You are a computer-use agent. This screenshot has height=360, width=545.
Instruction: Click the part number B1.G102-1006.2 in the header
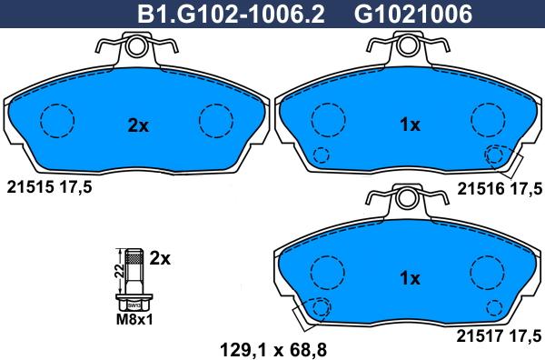pyautogui.click(x=231, y=15)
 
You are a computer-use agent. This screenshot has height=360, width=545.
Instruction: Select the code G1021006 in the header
pyautogui.click(x=413, y=15)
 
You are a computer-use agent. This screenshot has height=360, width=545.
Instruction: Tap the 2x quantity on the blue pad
pyautogui.click(x=138, y=125)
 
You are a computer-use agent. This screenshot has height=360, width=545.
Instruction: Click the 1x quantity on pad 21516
pyautogui.click(x=411, y=125)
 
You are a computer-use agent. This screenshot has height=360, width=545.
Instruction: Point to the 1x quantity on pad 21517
pyautogui.click(x=411, y=278)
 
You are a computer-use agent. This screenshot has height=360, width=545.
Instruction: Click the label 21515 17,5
pyautogui.click(x=49, y=188)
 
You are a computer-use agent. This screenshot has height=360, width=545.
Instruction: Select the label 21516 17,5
pyautogui.click(x=500, y=189)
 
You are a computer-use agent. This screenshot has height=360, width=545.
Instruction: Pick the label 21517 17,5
pyautogui.click(x=499, y=336)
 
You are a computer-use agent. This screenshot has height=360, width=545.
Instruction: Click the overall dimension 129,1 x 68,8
pyautogui.click(x=272, y=349)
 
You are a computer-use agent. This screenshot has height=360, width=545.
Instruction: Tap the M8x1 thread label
pyautogui.click(x=134, y=319)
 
